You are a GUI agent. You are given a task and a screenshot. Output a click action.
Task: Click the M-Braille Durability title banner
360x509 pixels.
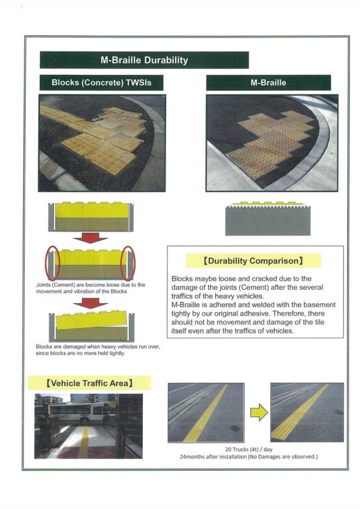[144, 60]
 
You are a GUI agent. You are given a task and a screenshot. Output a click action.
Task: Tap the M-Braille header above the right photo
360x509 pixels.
[268, 83]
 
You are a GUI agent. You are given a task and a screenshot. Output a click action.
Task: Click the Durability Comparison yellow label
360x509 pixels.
[253, 261]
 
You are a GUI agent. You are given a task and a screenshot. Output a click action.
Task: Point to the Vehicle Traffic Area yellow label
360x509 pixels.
[89, 382]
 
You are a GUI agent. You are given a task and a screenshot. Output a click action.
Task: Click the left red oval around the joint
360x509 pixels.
[52, 264]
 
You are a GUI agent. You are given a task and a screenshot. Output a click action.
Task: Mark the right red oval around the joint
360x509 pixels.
[128, 264]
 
